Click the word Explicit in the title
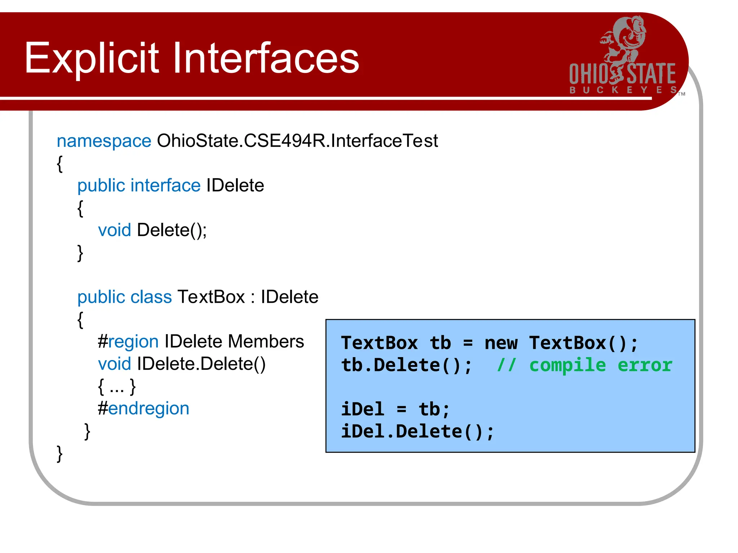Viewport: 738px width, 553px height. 92,58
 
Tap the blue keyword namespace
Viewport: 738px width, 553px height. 104,141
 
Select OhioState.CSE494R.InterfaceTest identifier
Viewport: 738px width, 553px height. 297,141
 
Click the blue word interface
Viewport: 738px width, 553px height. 165,186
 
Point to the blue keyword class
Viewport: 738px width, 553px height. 151,297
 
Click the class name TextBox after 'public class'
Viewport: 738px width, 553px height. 211,297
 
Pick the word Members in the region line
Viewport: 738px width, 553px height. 266,342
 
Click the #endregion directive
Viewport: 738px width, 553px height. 143,409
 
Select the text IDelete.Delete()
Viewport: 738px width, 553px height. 201,364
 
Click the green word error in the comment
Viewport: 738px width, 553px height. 645,365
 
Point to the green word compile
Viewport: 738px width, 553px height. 568,365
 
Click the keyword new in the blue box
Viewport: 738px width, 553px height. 501,343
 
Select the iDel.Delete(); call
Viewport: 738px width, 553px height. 417,432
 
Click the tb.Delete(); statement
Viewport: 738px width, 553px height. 406,365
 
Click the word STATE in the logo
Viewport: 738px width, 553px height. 651,74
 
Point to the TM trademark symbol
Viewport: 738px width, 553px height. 681,94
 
